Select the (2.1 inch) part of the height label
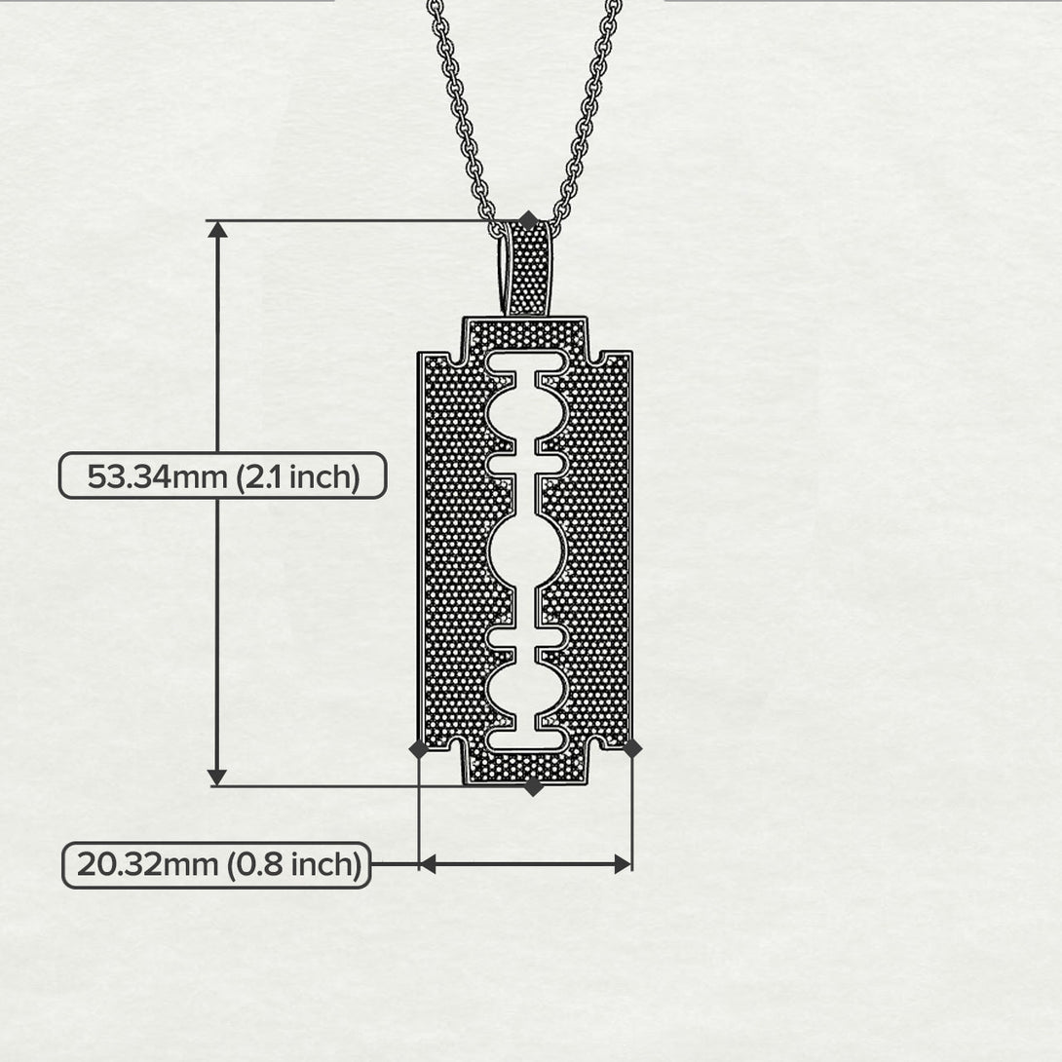click(x=299, y=477)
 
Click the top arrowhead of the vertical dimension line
click(x=217, y=230)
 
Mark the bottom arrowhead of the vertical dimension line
click(x=217, y=777)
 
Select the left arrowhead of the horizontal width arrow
click(x=428, y=863)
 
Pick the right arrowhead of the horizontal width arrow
click(x=623, y=863)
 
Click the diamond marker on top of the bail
click(x=528, y=221)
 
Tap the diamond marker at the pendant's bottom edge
click(x=533, y=787)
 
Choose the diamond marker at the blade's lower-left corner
click(x=419, y=748)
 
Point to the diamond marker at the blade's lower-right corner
click(x=632, y=748)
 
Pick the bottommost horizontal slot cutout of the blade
click(x=526, y=739)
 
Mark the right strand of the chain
click(x=589, y=107)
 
